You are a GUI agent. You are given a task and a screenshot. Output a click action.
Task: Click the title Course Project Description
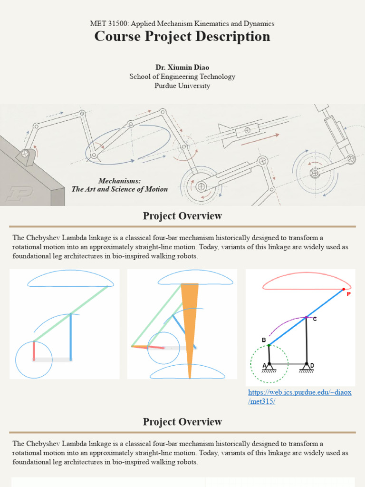point(182,36)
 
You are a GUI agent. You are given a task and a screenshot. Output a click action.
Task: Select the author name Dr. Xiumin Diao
point(182,68)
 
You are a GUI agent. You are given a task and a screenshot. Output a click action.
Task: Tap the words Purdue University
point(182,86)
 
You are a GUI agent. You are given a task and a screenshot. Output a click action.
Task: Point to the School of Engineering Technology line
point(182,77)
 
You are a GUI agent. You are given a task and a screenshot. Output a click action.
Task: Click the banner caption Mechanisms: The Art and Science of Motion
point(119,185)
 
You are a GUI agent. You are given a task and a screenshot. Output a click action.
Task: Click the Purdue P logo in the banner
point(19,194)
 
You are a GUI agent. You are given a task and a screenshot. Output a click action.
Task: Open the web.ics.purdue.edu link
point(299,397)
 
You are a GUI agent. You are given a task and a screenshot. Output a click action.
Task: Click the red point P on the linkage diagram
point(344,290)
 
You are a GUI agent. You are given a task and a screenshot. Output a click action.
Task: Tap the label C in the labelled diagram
point(315,319)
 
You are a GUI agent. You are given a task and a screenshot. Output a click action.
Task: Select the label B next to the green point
point(264,340)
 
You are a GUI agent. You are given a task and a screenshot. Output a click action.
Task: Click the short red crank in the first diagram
point(34,351)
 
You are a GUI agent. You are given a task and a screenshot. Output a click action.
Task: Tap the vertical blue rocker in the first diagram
point(71,337)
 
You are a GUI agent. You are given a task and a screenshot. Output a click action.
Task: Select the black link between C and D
point(307,341)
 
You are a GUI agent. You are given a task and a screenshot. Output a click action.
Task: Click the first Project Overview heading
point(182,216)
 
